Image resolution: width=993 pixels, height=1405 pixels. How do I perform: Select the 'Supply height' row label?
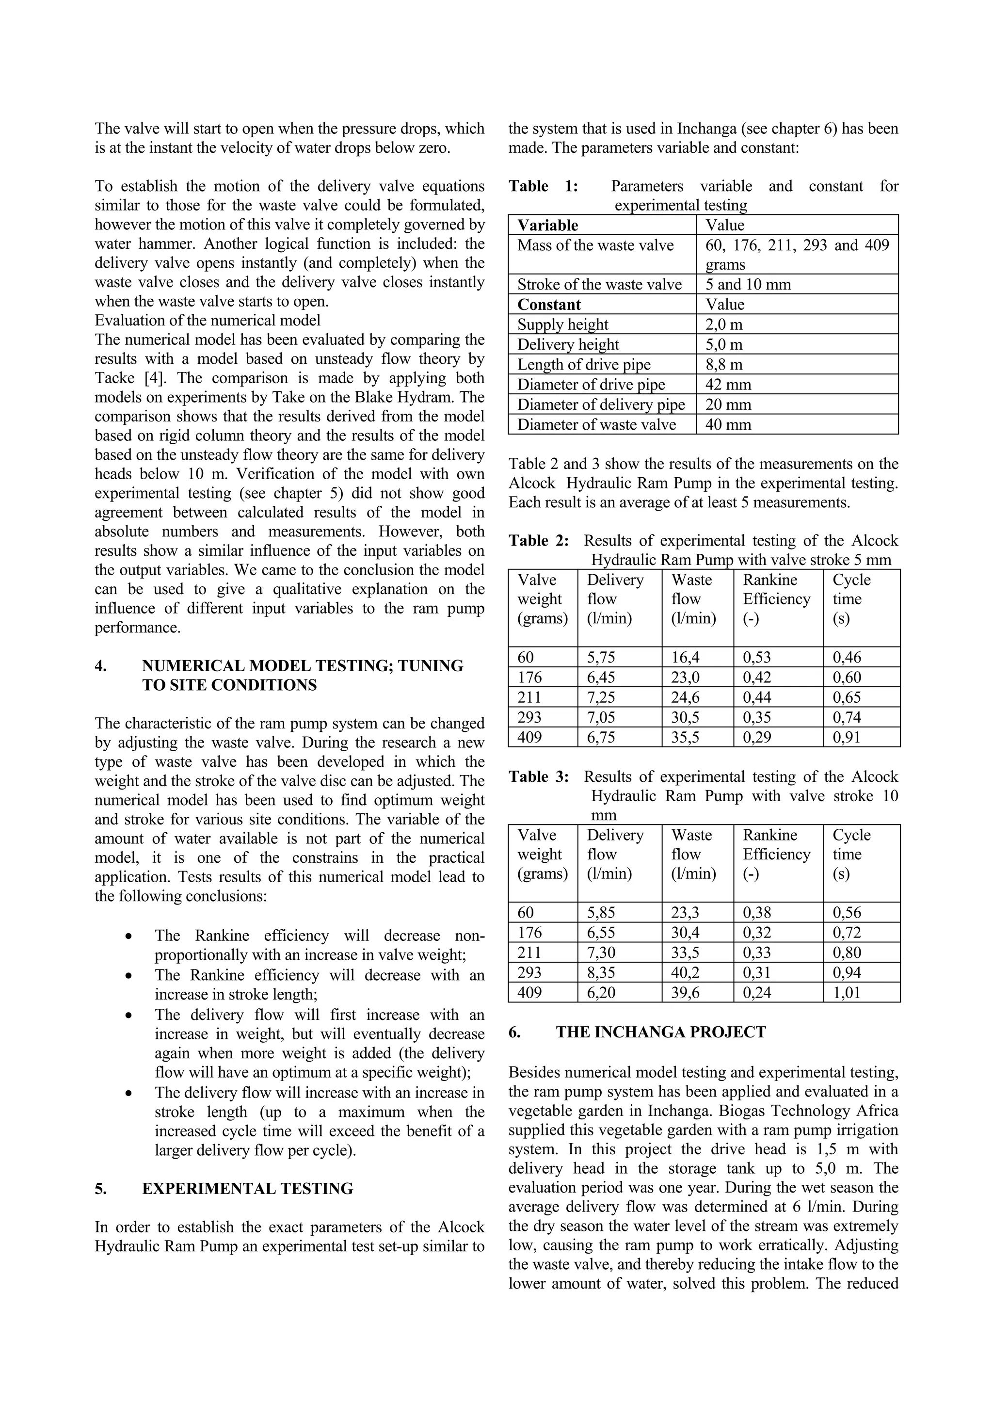pos(562,324)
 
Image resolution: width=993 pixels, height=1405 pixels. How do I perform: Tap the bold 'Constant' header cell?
pos(549,304)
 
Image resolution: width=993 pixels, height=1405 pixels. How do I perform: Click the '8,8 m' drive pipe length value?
pos(723,364)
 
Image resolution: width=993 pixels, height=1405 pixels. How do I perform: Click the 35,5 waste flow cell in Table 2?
pos(685,737)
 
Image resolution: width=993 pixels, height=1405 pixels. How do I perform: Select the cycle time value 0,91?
pos(847,737)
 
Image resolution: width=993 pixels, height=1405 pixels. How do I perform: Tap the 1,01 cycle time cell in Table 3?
pos(847,992)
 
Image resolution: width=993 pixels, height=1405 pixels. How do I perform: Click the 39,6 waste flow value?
pos(685,992)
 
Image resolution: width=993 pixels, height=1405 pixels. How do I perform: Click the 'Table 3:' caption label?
pos(538,776)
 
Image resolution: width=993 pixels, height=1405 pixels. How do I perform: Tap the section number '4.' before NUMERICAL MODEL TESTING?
pos(101,665)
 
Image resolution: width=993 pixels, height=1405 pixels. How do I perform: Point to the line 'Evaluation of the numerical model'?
pos(208,320)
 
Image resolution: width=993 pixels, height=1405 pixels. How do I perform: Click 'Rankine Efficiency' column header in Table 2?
pos(776,589)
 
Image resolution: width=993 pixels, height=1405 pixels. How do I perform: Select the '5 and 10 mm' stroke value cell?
pos(748,284)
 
